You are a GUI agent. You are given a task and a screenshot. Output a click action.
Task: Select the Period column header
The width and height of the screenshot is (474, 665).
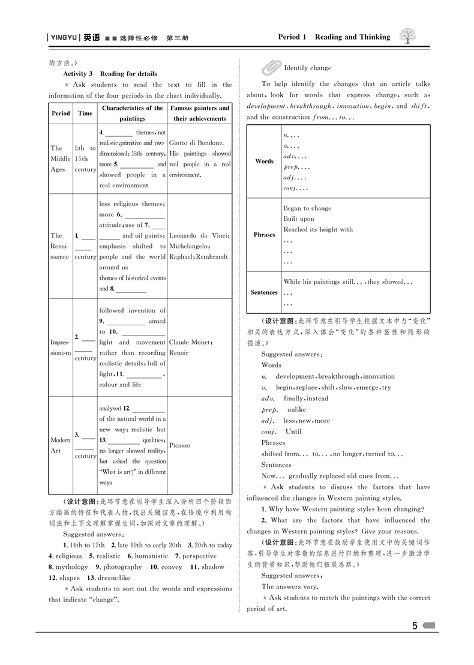tap(61, 113)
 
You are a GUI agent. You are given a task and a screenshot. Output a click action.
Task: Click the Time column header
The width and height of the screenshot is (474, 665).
tap(85, 113)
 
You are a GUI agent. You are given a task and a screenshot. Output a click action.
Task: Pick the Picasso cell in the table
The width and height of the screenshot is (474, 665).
tap(179, 445)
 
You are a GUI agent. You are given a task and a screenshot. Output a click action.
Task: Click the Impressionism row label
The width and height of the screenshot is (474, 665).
tap(60, 348)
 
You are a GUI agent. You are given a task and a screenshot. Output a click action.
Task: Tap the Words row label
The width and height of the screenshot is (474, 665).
tap(264, 161)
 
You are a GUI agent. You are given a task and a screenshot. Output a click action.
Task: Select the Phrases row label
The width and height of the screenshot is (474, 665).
tap(264, 235)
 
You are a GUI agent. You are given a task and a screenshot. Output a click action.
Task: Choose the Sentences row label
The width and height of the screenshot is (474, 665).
tap(264, 292)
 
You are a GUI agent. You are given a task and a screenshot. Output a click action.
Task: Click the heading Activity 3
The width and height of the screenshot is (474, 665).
tap(78, 74)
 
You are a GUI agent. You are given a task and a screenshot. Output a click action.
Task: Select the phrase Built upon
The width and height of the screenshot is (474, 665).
tap(298, 219)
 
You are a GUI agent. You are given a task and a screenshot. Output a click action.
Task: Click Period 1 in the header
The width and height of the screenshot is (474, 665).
tap(292, 37)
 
